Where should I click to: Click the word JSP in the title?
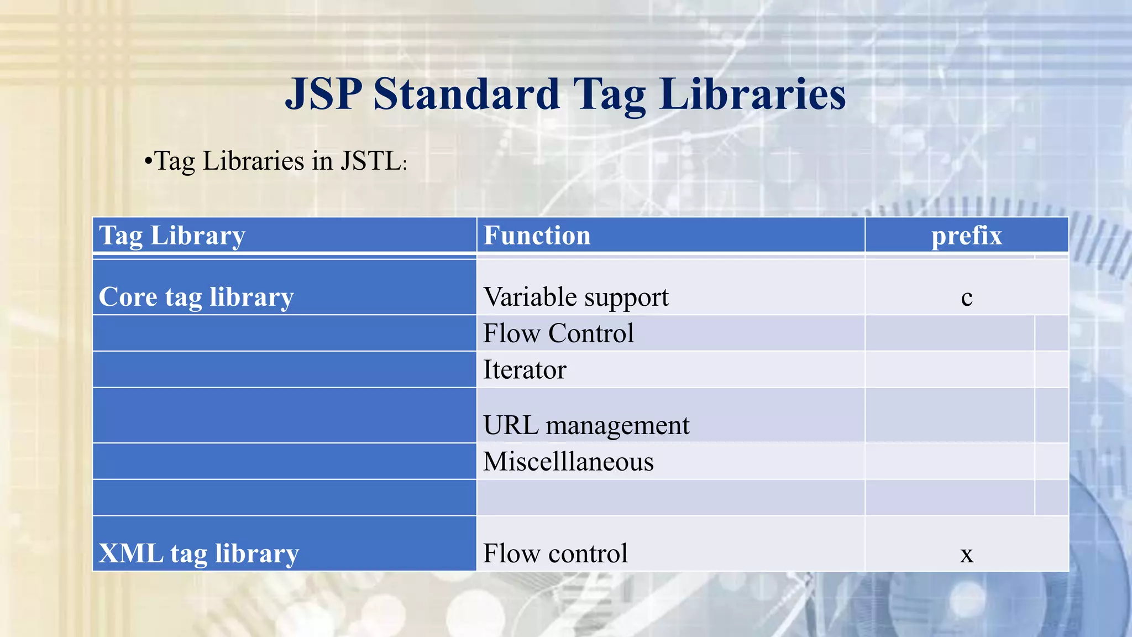323,94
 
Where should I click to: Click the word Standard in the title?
467,94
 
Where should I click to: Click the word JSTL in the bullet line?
370,161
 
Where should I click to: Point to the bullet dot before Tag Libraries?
148,162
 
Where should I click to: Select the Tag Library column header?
172,236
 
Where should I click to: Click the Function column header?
537,236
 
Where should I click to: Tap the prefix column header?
966,236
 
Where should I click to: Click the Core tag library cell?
196,297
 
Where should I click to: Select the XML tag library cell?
198,554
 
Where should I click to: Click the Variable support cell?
575,297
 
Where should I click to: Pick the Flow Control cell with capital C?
558,333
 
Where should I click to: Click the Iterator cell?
525,370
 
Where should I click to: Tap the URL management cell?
586,425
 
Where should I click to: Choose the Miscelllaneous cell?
568,462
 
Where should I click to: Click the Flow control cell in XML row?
555,554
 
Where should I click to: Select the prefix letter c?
966,298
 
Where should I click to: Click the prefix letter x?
966,555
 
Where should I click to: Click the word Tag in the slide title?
609,94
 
